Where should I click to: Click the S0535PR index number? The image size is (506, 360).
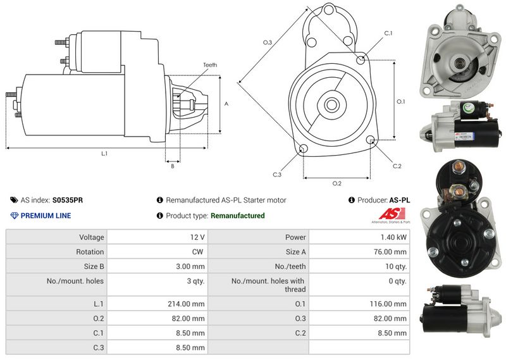(67, 200)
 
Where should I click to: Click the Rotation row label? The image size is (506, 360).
(90, 252)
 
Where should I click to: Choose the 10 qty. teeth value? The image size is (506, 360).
(396, 266)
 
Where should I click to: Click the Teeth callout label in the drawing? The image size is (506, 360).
(210, 65)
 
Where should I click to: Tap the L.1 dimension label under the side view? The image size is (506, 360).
(104, 153)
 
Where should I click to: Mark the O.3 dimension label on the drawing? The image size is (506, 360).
(268, 42)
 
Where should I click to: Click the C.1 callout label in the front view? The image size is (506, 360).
(388, 33)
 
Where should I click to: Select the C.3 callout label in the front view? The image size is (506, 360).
(277, 174)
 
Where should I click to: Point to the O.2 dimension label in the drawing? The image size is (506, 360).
(337, 183)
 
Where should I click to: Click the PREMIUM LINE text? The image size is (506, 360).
(46, 216)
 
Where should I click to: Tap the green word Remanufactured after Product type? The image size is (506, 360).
(237, 216)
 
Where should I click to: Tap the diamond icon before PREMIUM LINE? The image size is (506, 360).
(15, 216)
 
